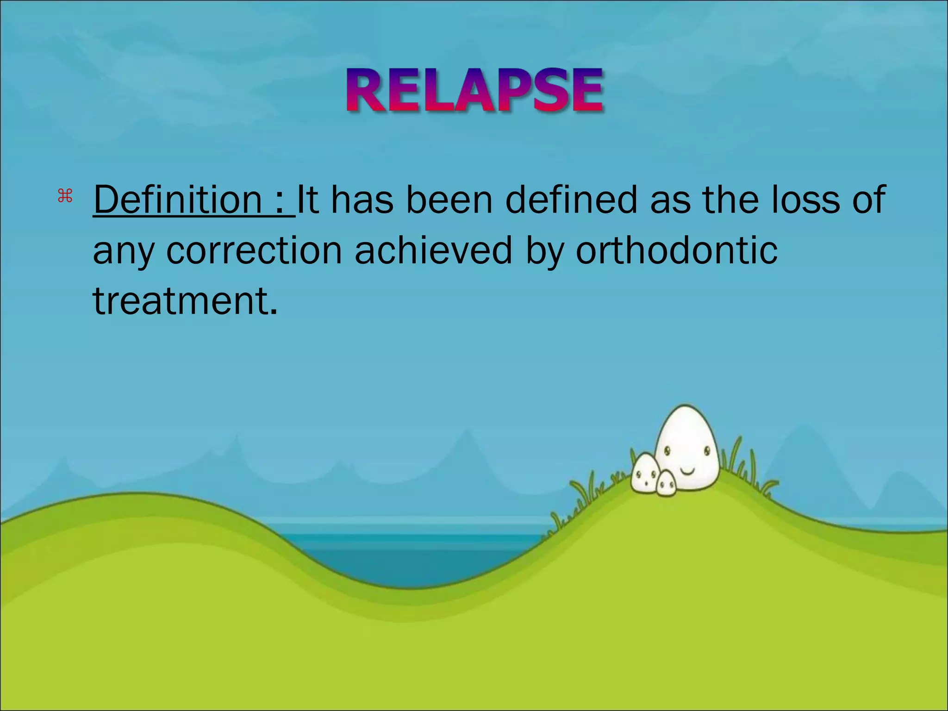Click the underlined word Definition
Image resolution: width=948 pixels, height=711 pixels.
click(x=178, y=200)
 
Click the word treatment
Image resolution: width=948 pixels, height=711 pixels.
click(x=185, y=301)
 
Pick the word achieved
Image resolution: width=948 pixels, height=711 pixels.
click(x=433, y=250)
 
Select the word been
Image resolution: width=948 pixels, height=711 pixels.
click(x=449, y=200)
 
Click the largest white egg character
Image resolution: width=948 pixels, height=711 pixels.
click(x=687, y=447)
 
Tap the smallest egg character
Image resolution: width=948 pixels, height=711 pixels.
click(x=667, y=484)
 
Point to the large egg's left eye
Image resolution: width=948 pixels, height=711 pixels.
click(x=667, y=450)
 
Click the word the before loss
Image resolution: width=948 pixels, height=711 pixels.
click(x=731, y=200)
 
